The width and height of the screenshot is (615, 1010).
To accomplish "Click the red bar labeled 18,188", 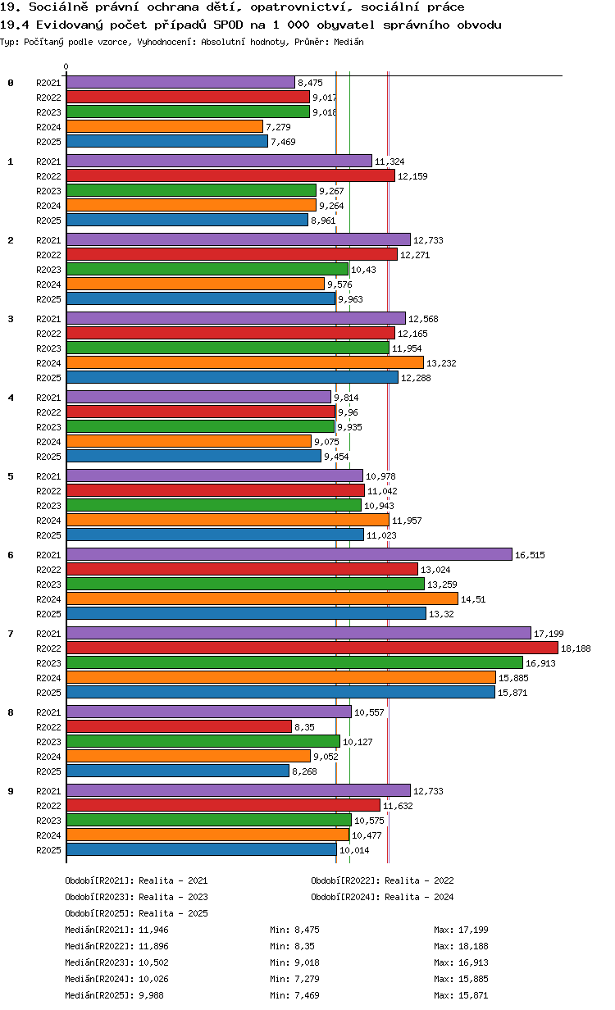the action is pyautogui.click(x=312, y=648).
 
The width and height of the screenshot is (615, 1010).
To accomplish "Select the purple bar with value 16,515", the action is pyautogui.click(x=289, y=554).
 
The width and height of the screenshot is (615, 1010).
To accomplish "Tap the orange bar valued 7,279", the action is pyautogui.click(x=165, y=127).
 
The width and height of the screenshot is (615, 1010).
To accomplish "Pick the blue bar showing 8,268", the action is pyautogui.click(x=178, y=771).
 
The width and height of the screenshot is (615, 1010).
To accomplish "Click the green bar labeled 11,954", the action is pyautogui.click(x=228, y=348).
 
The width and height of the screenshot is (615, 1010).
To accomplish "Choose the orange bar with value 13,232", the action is pyautogui.click(x=245, y=362).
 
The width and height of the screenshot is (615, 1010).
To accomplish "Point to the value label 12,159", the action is pyautogui.click(x=412, y=176).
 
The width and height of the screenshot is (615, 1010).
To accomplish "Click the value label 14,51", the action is pyautogui.click(x=473, y=599).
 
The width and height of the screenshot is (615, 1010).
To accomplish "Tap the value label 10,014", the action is pyautogui.click(x=354, y=850).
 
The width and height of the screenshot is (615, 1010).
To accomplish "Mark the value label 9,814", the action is pyautogui.click(x=346, y=398).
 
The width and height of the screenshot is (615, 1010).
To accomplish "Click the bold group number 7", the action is pyautogui.click(x=11, y=634).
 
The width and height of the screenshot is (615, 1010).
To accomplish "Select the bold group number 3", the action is pyautogui.click(x=11, y=319).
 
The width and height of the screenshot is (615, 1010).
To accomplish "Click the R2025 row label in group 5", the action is pyautogui.click(x=48, y=535).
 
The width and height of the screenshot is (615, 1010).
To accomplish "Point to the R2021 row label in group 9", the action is pyautogui.click(x=48, y=791).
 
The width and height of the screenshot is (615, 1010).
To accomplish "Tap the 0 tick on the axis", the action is pyautogui.click(x=66, y=66).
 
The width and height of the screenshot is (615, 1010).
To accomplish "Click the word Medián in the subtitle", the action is pyautogui.click(x=348, y=42).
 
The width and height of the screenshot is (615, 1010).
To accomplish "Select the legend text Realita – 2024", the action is pyautogui.click(x=419, y=897).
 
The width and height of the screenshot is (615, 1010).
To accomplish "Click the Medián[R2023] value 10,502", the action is pyautogui.click(x=154, y=962).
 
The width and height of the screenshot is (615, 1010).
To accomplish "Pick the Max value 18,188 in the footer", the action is pyautogui.click(x=473, y=946).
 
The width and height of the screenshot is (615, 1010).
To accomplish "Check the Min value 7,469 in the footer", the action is pyautogui.click(x=307, y=995).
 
